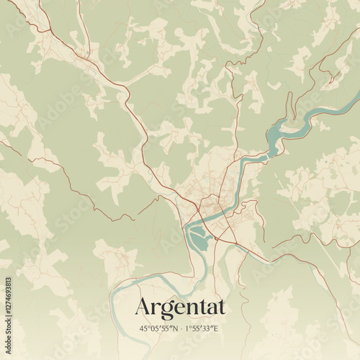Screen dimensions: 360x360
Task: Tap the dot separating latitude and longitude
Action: [180, 328]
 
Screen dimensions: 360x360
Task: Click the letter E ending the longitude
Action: [219, 328]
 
